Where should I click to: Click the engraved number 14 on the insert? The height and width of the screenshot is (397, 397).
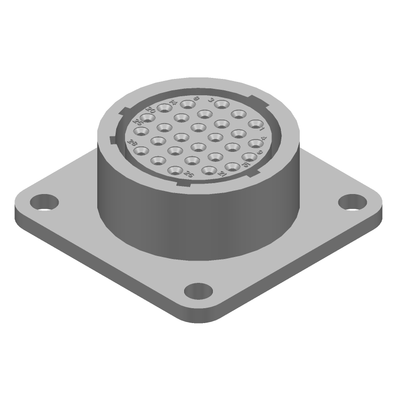pos(173,102)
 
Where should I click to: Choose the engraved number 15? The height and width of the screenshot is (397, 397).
pos(247,164)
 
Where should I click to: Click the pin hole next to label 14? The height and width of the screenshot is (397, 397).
pos(164,109)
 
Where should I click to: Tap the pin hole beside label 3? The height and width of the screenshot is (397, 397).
pos(221,105)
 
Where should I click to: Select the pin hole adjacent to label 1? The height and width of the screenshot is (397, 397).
pos(255,124)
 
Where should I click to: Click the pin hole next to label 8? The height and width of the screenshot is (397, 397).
pos(188,105)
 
